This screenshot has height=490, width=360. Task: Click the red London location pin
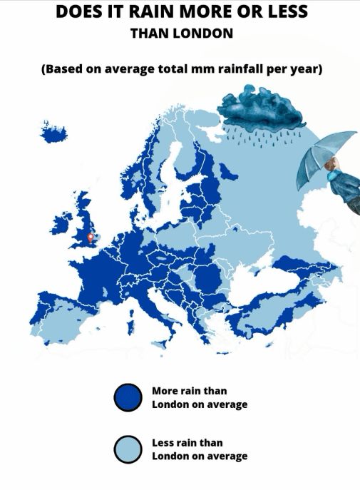tap(91, 238)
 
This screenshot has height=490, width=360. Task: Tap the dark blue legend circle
tap(128, 398)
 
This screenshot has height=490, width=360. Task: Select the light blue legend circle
tap(128, 449)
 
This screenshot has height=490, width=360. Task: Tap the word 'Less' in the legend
tap(165, 443)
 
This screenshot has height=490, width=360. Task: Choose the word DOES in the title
tap(78, 12)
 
